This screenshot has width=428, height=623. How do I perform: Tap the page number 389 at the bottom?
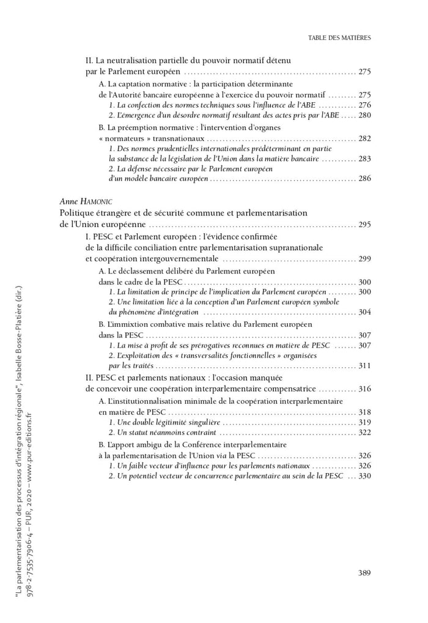pyautogui.click(x=364, y=573)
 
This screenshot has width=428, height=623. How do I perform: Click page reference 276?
pyautogui.click(x=365, y=105)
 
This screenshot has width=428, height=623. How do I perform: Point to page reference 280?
pyautogui.click(x=365, y=115)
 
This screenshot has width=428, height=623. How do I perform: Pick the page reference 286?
pyautogui.click(x=365, y=179)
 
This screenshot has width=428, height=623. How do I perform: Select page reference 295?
pyautogui.click(x=365, y=225)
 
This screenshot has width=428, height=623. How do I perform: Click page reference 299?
pyautogui.click(x=365, y=259)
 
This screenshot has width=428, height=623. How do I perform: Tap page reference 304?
pyautogui.click(x=365, y=311)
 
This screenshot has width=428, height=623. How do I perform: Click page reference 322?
pyautogui.click(x=365, y=432)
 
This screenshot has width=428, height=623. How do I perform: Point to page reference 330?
pyautogui.click(x=365, y=476)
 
